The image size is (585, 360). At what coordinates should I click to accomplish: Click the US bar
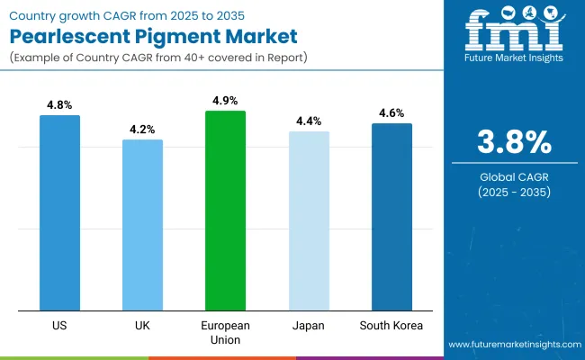tap(59, 212)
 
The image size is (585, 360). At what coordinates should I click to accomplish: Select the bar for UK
tap(142, 225)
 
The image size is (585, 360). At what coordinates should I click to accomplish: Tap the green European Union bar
tap(225, 211)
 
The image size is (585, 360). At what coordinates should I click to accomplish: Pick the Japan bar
tap(309, 220)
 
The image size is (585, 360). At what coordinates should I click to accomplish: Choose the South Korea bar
tap(391, 217)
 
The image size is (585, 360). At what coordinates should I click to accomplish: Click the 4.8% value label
tap(59, 104)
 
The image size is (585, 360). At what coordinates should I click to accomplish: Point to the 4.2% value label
tap(142, 129)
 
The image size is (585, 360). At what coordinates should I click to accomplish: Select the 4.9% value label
tap(225, 100)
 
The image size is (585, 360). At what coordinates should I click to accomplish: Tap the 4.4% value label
tap(309, 121)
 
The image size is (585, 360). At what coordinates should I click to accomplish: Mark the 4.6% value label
tap(391, 112)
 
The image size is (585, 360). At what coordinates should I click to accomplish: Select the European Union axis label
tap(225, 332)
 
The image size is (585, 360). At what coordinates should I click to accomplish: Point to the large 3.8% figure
tap(513, 143)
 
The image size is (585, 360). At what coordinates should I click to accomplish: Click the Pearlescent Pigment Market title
tap(134, 38)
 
